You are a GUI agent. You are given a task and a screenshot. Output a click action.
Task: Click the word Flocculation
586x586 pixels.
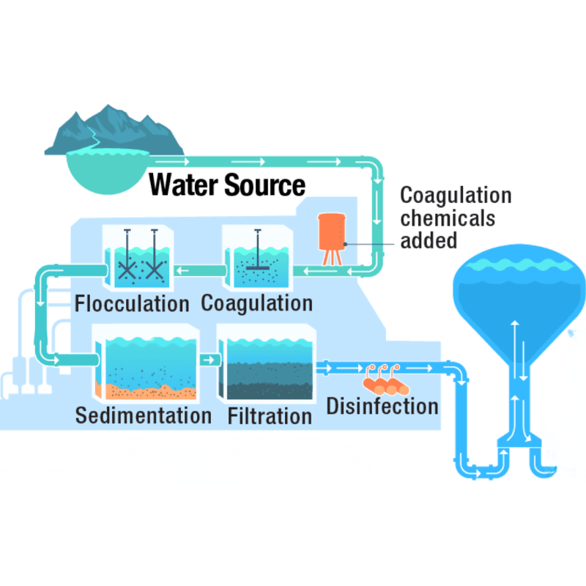click(x=132, y=303)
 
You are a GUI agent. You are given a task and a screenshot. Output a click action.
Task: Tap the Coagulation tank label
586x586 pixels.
click(x=256, y=303)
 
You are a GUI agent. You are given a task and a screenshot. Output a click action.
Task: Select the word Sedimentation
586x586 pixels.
click(x=143, y=416)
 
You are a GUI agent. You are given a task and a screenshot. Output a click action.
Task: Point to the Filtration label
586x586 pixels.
click(x=270, y=416)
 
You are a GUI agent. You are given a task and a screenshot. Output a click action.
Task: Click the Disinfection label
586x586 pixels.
click(x=382, y=405)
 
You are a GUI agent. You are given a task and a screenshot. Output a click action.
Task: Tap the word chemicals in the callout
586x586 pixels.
click(x=448, y=218)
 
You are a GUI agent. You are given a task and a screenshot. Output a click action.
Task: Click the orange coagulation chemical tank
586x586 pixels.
click(x=332, y=234)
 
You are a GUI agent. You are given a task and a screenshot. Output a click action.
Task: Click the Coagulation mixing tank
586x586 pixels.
click(x=256, y=260)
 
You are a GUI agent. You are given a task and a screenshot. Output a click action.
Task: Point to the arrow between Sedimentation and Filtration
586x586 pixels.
click(x=209, y=360)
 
